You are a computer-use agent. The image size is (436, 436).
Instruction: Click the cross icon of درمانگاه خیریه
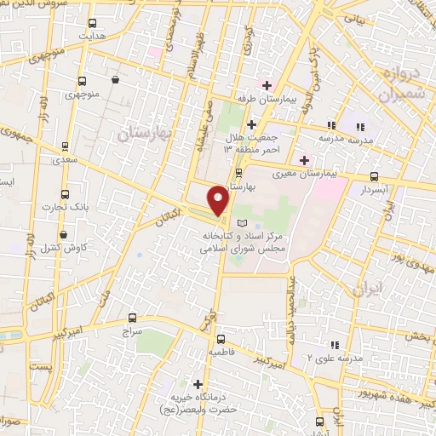(x=200, y=384)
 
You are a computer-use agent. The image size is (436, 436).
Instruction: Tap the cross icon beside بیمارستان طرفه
(x=267, y=85)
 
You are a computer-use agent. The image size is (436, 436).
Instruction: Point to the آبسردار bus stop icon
(x=374, y=176)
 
